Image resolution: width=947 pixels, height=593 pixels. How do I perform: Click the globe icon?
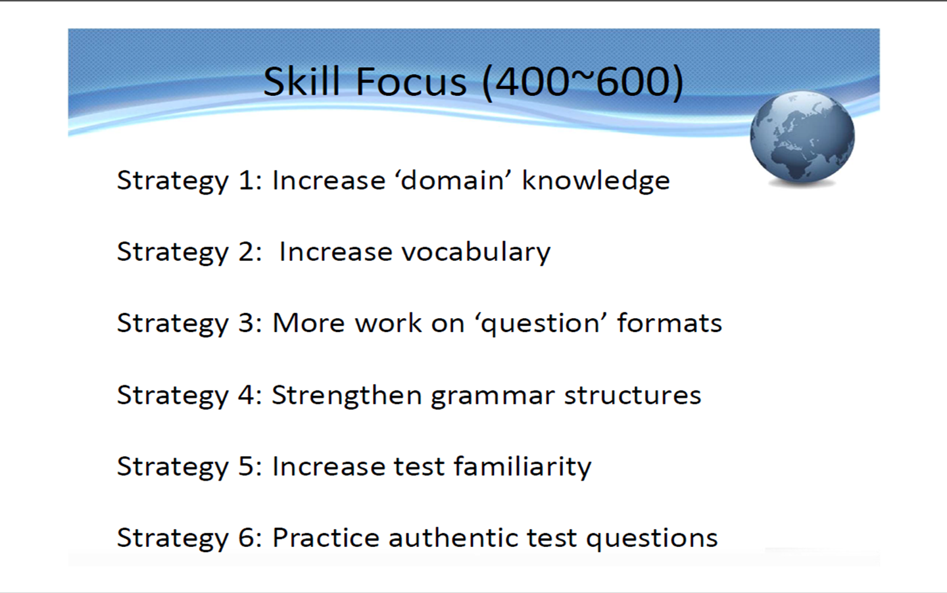point(802,139)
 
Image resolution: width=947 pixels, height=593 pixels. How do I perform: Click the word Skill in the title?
point(301,81)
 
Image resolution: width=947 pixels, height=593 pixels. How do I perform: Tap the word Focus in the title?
point(412,81)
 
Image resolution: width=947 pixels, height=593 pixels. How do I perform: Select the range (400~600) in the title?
point(583,82)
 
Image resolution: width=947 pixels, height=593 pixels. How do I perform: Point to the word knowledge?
point(596,181)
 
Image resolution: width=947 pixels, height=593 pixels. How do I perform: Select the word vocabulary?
point(476,252)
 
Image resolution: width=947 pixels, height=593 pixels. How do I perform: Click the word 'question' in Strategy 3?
point(541,323)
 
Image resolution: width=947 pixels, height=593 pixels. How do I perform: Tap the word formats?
point(669,323)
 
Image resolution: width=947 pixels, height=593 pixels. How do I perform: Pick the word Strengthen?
point(347,395)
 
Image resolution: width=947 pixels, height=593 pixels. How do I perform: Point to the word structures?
point(633,396)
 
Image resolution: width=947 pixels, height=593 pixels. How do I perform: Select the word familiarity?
point(523,467)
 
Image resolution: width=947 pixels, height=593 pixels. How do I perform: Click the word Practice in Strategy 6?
point(326,538)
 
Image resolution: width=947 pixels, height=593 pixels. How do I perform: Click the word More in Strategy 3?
point(308,323)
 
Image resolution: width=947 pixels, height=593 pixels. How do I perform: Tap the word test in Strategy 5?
point(419,467)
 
